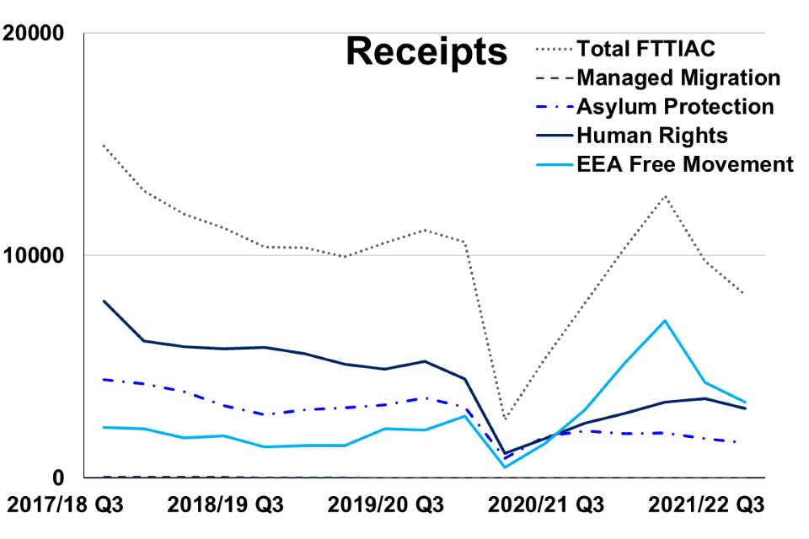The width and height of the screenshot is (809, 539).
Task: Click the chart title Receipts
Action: click(x=426, y=52)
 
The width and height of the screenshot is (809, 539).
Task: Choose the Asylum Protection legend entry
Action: click(x=675, y=107)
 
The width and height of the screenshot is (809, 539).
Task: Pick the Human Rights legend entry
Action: click(x=651, y=135)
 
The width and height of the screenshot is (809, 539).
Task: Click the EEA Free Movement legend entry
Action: click(x=684, y=163)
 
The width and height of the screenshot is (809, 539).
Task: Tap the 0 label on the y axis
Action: click(x=58, y=478)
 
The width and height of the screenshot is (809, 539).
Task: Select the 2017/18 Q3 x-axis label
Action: click(x=66, y=506)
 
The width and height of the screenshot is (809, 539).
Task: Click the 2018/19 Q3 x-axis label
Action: click(x=225, y=506)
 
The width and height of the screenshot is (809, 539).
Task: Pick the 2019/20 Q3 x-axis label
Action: click(x=385, y=506)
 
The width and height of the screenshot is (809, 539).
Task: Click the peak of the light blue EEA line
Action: click(x=665, y=321)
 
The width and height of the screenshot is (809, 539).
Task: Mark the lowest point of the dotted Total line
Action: click(x=504, y=419)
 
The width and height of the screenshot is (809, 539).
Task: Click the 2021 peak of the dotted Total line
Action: click(x=665, y=196)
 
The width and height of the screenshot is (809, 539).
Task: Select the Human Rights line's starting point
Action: click(x=102, y=301)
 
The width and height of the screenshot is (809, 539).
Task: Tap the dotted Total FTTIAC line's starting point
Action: click(x=102, y=145)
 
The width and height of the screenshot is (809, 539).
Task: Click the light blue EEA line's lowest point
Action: click(x=504, y=467)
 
